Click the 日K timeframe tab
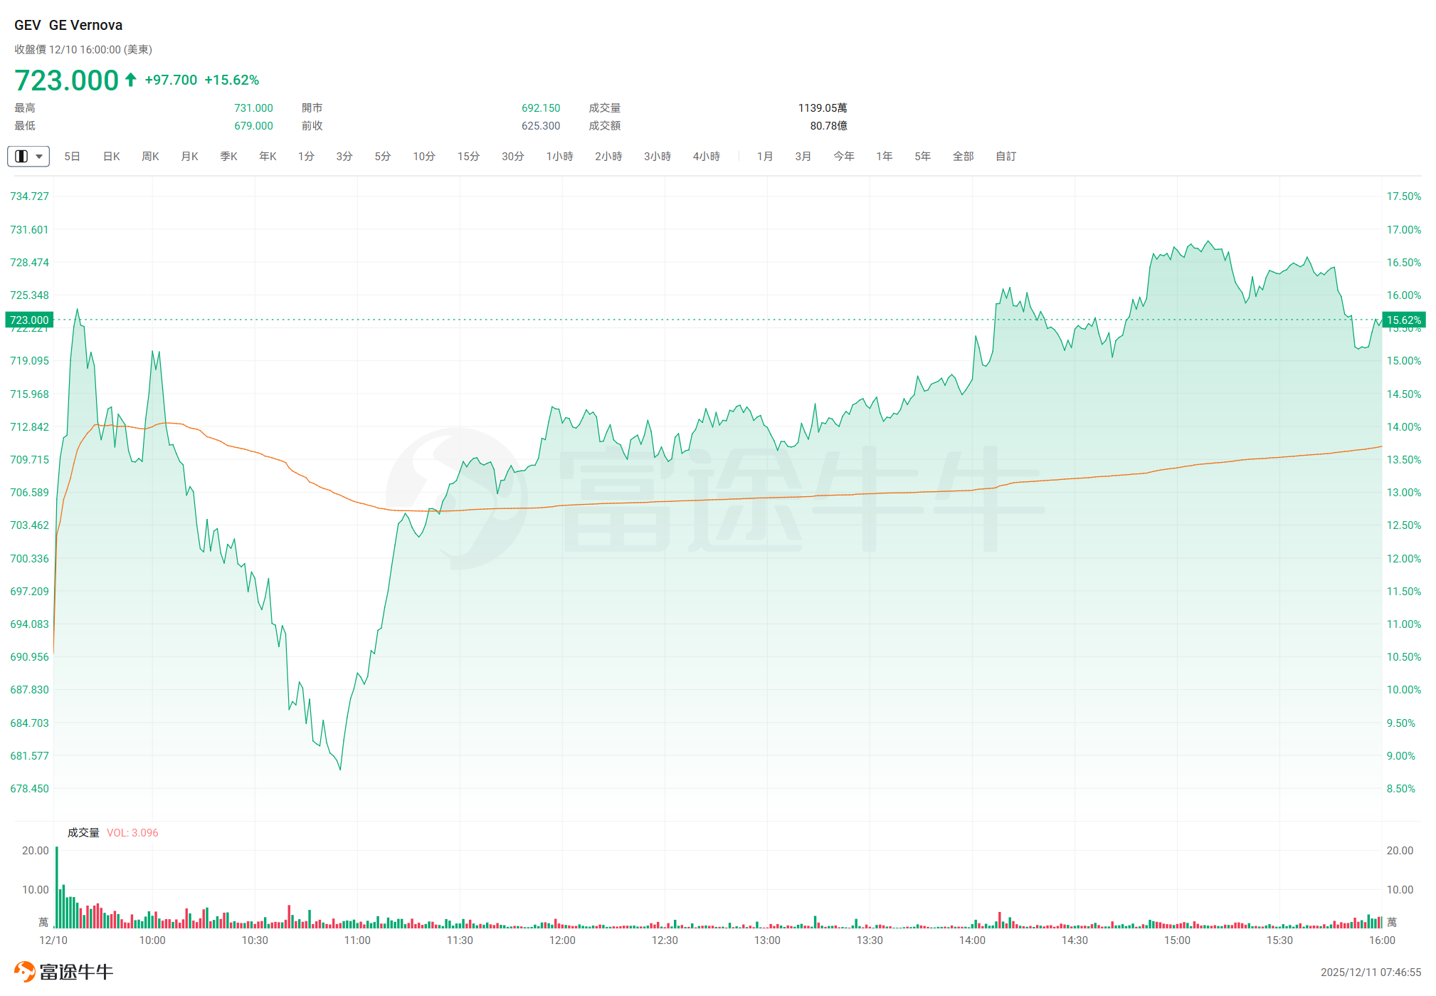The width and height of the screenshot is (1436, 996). click(x=111, y=157)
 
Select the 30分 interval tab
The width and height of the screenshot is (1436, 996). click(x=512, y=157)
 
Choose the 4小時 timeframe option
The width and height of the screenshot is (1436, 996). click(x=706, y=157)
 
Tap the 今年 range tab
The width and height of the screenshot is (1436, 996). click(x=843, y=157)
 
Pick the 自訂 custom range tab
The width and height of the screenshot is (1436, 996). click(x=1005, y=157)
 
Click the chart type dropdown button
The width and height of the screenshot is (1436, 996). click(x=28, y=157)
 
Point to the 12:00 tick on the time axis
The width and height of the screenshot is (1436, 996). click(x=562, y=940)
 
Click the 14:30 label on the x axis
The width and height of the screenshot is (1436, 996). click(x=1075, y=940)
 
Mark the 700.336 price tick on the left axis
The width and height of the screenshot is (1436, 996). click(x=29, y=559)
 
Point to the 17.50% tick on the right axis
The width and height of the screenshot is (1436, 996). click(x=1403, y=196)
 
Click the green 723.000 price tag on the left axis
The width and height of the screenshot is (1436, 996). click(x=29, y=320)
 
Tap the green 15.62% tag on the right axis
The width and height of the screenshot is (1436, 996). click(x=1403, y=320)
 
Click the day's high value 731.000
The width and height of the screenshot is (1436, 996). click(x=253, y=108)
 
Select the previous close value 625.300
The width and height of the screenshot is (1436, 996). click(x=541, y=126)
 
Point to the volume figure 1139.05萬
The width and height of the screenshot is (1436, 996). click(x=822, y=108)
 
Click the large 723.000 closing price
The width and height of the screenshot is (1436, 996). click(x=66, y=80)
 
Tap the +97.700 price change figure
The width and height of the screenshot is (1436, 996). click(x=171, y=80)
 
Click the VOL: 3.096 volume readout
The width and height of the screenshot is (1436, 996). click(x=132, y=833)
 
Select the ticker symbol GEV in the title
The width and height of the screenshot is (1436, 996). click(x=28, y=26)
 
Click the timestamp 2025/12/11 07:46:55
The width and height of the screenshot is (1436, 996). click(x=1371, y=973)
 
